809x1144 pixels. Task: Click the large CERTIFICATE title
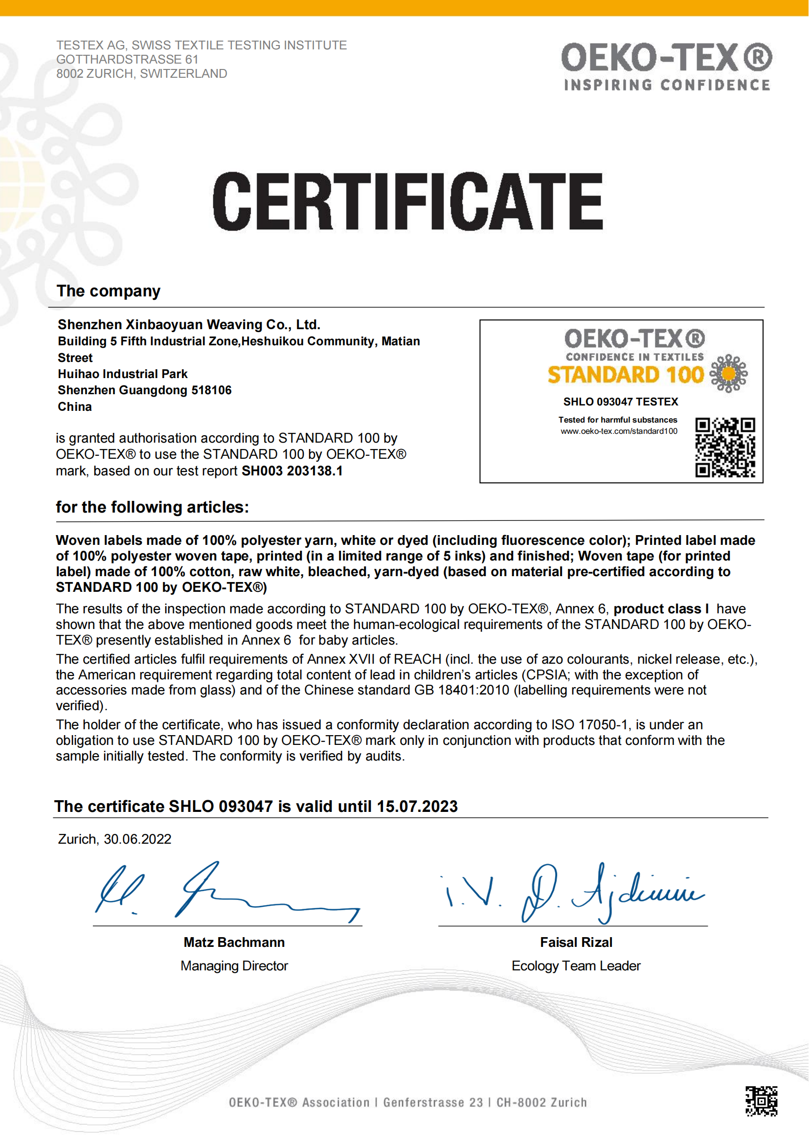[407, 202]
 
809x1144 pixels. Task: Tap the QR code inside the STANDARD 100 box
[725, 448]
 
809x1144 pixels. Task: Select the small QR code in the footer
[761, 1101]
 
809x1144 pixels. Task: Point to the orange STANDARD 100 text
[625, 375]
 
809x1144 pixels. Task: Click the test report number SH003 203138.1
[292, 471]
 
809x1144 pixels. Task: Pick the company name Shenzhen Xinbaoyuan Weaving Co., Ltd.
[189, 325]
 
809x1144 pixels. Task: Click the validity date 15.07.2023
[417, 807]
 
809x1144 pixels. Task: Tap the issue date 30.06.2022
[137, 839]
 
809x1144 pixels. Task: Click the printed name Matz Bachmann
[234, 942]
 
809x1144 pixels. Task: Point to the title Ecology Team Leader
[576, 965]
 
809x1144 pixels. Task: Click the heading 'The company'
[109, 291]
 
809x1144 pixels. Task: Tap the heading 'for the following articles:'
[152, 507]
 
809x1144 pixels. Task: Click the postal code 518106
[211, 390]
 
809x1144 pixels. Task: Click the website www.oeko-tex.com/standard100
[619, 431]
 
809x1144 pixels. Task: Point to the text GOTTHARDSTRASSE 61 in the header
[128, 59]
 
